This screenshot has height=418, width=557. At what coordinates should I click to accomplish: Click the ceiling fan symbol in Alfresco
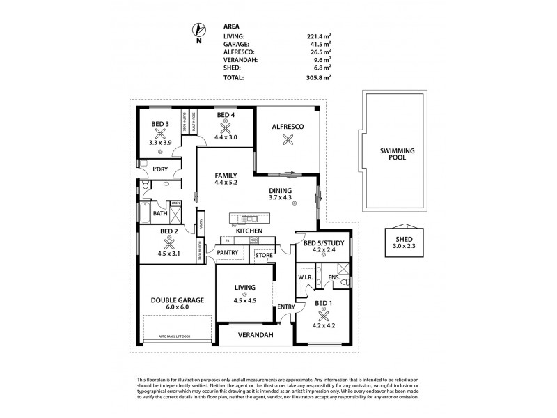(x=285, y=139)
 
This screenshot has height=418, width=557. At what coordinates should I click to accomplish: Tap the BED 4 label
(x=226, y=115)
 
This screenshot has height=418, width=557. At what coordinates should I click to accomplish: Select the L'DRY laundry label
(x=161, y=169)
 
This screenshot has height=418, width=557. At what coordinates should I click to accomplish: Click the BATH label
(x=160, y=214)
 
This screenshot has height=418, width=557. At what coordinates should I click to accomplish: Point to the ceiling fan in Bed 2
(x=168, y=244)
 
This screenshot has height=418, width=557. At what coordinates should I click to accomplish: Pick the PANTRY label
(x=228, y=252)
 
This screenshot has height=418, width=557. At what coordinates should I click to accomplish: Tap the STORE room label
(x=264, y=255)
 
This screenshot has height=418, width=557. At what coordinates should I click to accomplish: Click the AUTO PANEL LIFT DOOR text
(x=177, y=336)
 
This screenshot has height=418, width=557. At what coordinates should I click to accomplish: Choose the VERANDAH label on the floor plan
(x=255, y=335)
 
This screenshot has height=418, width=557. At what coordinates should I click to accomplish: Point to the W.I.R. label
(x=304, y=277)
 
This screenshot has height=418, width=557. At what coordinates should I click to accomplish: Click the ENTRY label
(x=285, y=307)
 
